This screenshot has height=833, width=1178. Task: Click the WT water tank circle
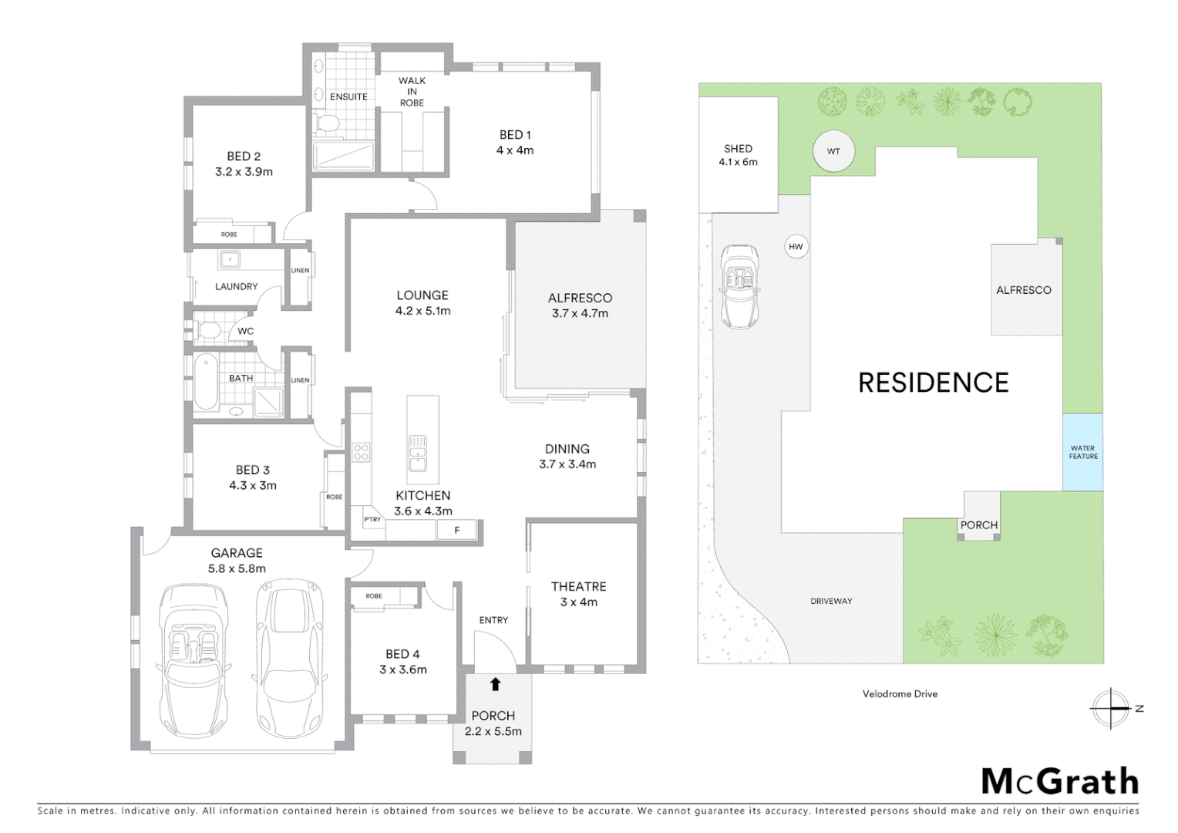(833, 151)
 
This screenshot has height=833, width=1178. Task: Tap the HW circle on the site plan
(796, 247)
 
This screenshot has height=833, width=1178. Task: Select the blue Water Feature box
(1082, 452)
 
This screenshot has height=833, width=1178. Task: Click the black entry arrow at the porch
(495, 684)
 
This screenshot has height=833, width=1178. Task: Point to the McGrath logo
(1059, 781)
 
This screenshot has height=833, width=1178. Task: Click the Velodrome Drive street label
(900, 694)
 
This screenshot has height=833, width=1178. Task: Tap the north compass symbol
(1111, 708)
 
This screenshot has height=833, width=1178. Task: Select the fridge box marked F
(456, 530)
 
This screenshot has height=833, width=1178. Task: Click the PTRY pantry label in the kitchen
(372, 520)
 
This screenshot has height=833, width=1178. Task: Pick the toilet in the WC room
(207, 331)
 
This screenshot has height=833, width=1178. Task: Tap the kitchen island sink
(418, 453)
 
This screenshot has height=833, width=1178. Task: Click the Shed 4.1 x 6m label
(738, 155)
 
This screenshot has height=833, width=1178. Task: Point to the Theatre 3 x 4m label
(578, 594)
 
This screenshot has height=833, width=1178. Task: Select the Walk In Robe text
(412, 91)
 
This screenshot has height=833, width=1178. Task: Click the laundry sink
(229, 260)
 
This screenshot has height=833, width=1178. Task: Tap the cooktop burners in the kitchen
(361, 452)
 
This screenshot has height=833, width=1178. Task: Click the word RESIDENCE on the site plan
(933, 383)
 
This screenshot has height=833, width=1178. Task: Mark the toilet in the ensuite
(327, 123)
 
